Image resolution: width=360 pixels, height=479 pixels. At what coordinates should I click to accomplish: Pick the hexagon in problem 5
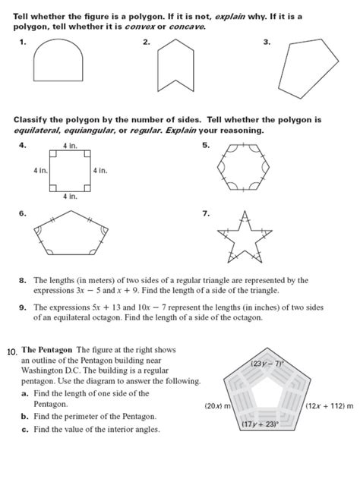click(242, 171)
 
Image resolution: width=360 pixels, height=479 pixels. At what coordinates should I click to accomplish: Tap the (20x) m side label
click(218, 407)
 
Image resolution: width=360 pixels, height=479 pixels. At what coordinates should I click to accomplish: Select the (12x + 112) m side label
click(330, 407)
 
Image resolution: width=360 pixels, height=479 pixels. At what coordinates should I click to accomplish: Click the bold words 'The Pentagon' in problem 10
click(45, 350)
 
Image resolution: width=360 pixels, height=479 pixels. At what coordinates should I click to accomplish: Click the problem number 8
click(24, 280)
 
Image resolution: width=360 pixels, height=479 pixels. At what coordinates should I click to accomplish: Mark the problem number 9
click(24, 308)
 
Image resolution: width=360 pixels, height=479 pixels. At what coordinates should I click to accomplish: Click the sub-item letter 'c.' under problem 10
click(26, 430)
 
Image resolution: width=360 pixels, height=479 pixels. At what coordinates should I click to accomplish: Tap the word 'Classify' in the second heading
click(31, 120)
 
